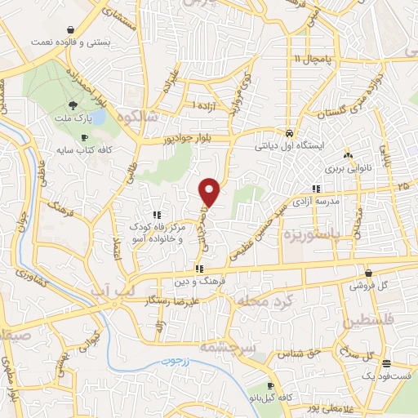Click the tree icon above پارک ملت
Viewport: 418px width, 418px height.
[73, 104]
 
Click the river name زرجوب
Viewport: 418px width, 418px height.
[175, 359]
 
